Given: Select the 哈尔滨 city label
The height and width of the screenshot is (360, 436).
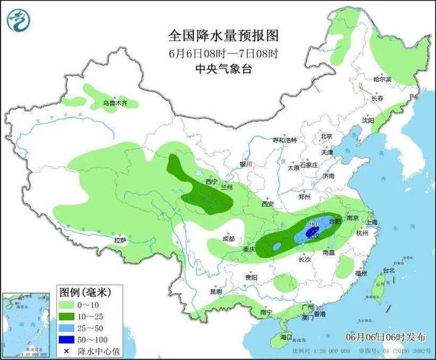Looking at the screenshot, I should [x=381, y=79].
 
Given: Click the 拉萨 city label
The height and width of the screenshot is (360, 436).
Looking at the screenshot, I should [x=120, y=239].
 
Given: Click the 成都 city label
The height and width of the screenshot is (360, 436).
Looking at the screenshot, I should [x=228, y=238].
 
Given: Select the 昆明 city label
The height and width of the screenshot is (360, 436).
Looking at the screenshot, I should [x=216, y=292].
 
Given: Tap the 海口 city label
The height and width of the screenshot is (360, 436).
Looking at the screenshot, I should [x=286, y=336].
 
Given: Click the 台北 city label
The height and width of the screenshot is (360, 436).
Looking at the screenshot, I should [x=388, y=271].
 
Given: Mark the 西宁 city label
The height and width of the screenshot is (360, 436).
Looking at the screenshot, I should [x=210, y=183].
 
